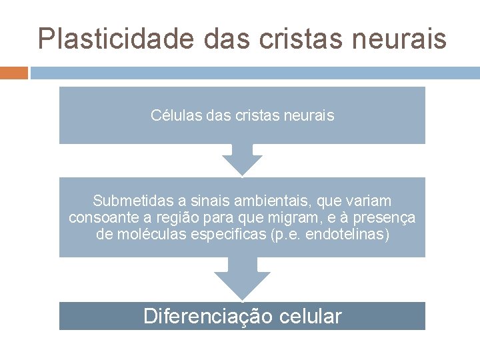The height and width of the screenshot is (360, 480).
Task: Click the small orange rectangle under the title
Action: [x=13, y=72]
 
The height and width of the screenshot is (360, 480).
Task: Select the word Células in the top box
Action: [x=173, y=115]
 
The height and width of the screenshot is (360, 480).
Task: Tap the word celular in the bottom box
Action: [x=312, y=316]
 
